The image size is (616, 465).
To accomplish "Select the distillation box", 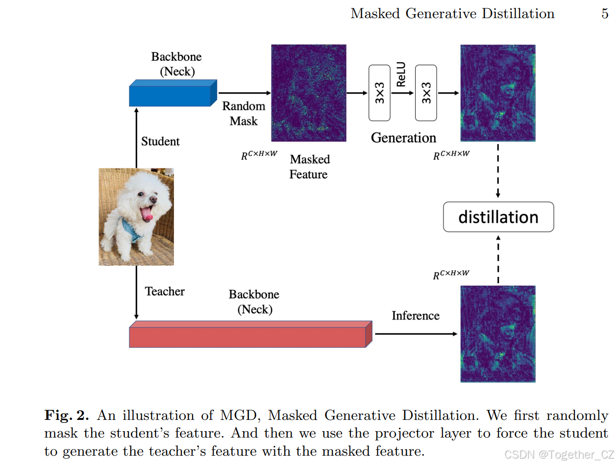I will pos(498,217).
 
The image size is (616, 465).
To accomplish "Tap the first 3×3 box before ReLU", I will pos(379,93).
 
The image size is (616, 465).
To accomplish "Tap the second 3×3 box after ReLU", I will pos(425,93).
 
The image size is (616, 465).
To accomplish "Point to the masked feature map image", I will pos(309,93).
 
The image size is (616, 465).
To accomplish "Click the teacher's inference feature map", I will pos(497,334).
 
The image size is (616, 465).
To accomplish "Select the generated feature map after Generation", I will pos(497,93).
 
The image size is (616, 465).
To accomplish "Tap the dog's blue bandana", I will pos(131,229).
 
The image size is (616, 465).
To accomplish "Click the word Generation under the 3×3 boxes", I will pos(403,138).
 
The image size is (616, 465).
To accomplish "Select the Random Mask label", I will pos(244,113).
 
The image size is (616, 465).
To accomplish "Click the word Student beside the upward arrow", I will pos(160,142).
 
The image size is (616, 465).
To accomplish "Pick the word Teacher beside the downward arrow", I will pos(165,292).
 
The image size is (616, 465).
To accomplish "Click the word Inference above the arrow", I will pos(415,316).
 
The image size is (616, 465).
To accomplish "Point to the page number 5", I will pos(605,14).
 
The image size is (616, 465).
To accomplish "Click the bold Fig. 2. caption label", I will pos(67,416).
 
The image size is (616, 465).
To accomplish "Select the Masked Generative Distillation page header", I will pos(452,14).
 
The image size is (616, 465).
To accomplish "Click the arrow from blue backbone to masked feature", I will pos(244,93).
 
